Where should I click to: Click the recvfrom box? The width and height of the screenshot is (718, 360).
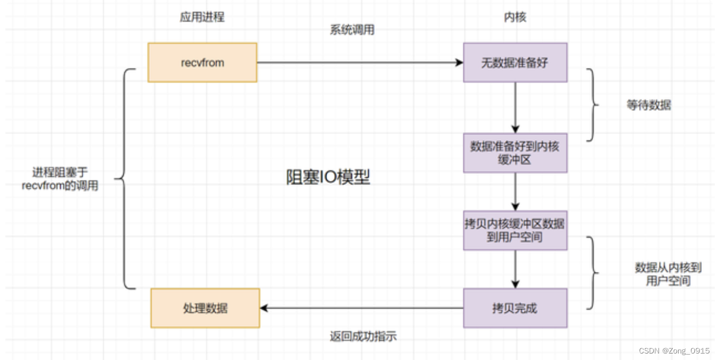click(202, 63)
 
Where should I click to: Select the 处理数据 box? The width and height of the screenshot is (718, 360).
click(205, 308)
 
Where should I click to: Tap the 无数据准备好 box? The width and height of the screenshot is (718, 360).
click(515, 63)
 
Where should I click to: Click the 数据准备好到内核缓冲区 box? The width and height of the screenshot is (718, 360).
click(515, 153)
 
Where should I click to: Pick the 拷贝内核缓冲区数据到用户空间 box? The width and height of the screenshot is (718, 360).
click(515, 230)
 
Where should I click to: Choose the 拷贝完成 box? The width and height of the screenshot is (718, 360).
click(515, 308)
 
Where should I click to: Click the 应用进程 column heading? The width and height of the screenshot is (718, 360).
click(202, 17)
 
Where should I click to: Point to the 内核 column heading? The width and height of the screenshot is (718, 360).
click(515, 17)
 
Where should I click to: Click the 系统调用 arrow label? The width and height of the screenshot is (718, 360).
click(352, 30)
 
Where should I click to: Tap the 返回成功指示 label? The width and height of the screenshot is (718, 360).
click(363, 336)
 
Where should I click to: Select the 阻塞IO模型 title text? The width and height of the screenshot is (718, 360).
click(328, 177)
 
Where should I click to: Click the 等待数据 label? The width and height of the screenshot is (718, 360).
click(649, 105)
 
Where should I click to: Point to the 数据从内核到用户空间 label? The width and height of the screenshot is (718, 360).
click(668, 274)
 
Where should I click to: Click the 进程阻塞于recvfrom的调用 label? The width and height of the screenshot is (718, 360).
click(60, 179)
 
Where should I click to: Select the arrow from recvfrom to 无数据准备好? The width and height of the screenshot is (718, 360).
click(360, 63)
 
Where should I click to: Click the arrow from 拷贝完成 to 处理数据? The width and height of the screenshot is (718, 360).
click(361, 308)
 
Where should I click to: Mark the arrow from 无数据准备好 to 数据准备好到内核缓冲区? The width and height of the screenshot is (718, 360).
click(515, 108)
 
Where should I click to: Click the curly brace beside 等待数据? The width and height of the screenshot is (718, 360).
click(593, 105)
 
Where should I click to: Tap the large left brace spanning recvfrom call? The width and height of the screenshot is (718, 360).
click(123, 178)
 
